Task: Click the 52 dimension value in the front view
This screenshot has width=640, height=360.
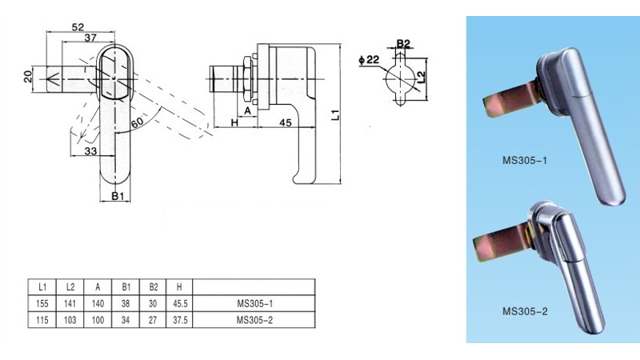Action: coord(78,27)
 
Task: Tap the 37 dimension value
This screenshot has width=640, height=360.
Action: coord(90,38)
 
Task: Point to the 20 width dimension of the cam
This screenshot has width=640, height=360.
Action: coord(28,76)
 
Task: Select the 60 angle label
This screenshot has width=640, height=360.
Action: coord(137,122)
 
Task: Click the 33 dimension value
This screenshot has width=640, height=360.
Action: coord(90,151)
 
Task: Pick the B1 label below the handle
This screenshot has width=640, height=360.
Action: coord(118,196)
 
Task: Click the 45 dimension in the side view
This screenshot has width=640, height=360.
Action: coord(286,122)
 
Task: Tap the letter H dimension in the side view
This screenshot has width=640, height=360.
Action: coord(234,122)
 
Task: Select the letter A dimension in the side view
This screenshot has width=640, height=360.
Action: coord(247,110)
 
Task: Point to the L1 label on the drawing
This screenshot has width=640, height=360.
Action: coord(335,114)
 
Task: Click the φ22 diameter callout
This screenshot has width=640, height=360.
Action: coord(369,60)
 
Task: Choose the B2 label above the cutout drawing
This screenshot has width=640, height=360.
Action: coord(403,43)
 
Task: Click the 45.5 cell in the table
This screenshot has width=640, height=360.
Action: coord(179,304)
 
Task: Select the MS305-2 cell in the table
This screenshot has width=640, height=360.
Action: coord(254,320)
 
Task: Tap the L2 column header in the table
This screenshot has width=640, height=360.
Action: coord(70,287)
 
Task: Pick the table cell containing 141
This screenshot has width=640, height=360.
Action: coord(70,304)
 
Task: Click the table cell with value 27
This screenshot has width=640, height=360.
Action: coord(153,320)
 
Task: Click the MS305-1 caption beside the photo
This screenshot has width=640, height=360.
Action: coord(525,161)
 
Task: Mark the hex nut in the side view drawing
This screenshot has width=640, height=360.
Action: coord(247,79)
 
